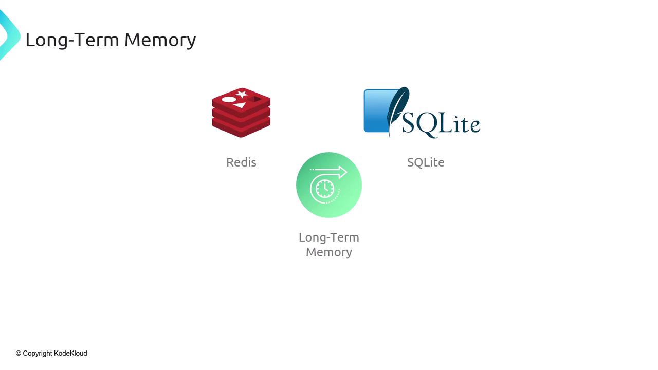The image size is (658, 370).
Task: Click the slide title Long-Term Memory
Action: (x=111, y=40)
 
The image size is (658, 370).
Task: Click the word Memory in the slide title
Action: (x=160, y=40)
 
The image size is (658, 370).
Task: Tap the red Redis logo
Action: (x=241, y=113)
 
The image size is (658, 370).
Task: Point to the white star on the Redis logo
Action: (x=241, y=94)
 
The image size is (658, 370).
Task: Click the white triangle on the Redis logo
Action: (x=240, y=105)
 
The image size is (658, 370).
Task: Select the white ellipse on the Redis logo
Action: (x=229, y=99)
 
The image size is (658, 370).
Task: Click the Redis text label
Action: (x=241, y=162)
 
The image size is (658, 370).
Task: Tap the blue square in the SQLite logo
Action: (x=375, y=110)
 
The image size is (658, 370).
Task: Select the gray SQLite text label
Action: (x=426, y=162)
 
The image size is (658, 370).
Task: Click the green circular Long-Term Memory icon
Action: (x=329, y=185)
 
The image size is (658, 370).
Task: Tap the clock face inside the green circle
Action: (x=324, y=189)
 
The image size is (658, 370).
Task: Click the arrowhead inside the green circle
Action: (x=341, y=172)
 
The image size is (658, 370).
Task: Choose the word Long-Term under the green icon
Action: (x=329, y=237)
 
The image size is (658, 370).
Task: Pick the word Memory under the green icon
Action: (x=329, y=252)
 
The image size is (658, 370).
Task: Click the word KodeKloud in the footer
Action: (x=70, y=353)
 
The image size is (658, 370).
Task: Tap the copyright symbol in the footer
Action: (x=19, y=353)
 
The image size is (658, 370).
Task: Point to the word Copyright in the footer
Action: (x=38, y=353)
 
